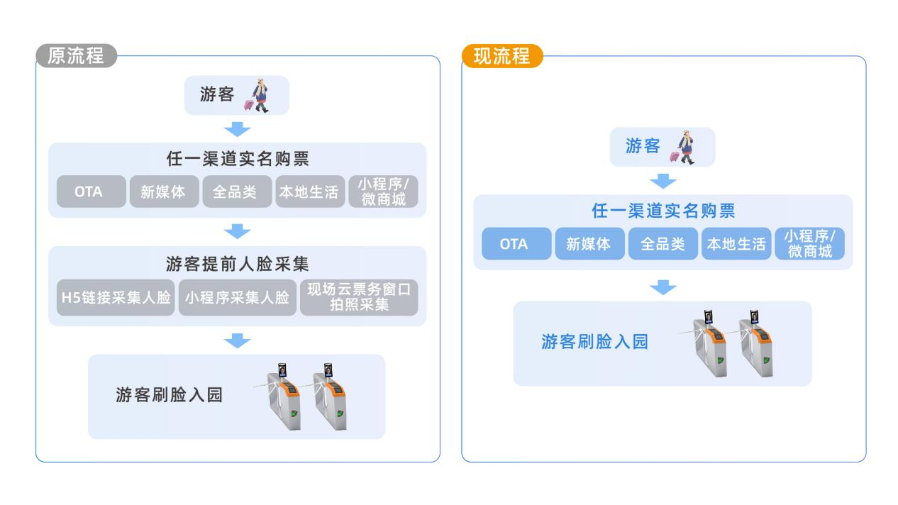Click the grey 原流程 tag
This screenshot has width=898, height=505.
pos(76,56)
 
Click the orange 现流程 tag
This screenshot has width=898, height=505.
pos(502,56)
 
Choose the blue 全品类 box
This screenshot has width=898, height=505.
pos(663,244)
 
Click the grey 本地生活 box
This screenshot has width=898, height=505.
pos(310,192)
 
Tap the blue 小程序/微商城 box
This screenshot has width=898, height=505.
pos(810,244)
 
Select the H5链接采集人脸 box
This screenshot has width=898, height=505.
pos(116,297)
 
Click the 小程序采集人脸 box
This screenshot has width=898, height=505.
pos(238,297)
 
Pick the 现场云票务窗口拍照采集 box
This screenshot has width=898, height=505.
pos(359,297)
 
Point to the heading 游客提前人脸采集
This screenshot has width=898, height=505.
pos(238,264)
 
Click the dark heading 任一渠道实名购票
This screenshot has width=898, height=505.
pos(238,159)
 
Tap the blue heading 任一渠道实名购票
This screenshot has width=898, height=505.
pos(663,211)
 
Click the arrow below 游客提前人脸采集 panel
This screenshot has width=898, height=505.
pos(238,341)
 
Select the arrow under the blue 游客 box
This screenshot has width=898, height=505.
pos(663,181)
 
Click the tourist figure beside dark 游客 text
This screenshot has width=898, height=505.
pos(257,95)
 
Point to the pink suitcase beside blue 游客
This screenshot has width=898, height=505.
pos(675,156)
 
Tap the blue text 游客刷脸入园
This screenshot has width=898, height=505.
pos(594,342)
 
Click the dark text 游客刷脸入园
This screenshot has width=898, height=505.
pos(169,395)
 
